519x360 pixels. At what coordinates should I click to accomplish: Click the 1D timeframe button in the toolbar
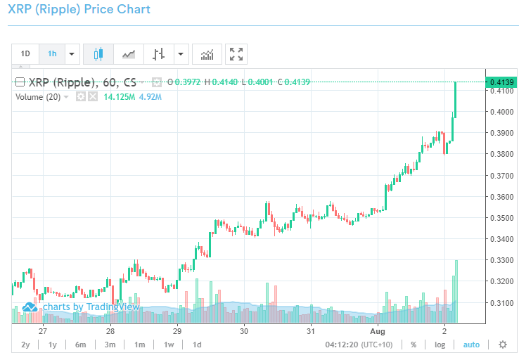tap(25, 53)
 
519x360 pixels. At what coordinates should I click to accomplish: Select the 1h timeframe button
tap(52, 53)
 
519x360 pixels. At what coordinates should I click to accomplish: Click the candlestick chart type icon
tap(98, 53)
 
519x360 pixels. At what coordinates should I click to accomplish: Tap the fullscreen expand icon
tap(237, 53)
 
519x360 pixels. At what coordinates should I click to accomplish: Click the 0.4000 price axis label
tap(500, 112)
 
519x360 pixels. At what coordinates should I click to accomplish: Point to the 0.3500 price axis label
tap(500, 218)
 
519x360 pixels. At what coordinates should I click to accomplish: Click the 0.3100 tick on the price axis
tap(500, 303)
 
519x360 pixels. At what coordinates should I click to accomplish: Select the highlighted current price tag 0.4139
tap(502, 82)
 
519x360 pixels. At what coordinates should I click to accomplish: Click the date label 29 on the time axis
tap(177, 330)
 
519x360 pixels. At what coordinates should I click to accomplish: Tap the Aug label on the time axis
tap(378, 330)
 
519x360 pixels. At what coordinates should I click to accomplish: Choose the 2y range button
tap(26, 345)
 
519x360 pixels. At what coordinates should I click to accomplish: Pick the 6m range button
tap(81, 345)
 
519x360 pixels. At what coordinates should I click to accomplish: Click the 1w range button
tap(169, 345)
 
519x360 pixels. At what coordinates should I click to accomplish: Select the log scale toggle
tap(440, 345)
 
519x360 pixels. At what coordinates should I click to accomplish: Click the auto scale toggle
tap(471, 345)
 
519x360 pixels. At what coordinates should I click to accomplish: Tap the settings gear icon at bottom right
tap(502, 345)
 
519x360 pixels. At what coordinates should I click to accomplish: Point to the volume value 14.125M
tap(119, 96)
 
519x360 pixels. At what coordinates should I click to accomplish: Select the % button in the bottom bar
tap(414, 345)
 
